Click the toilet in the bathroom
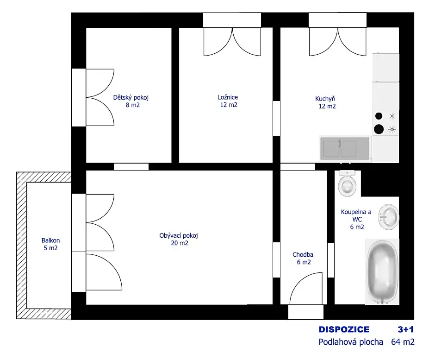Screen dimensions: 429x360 click(x=347, y=183)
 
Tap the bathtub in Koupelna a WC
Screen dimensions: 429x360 click(x=382, y=272)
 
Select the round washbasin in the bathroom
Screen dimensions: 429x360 click(x=389, y=217)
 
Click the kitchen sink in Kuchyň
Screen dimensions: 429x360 click(x=345, y=148)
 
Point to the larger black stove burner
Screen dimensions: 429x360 click(x=379, y=129)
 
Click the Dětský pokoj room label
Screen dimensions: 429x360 click(x=131, y=101)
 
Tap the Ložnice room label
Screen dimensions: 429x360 click(x=228, y=101)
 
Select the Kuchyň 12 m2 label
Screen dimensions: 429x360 click(x=326, y=102)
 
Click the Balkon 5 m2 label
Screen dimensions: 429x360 click(x=50, y=244)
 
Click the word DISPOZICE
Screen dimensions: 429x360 click(x=344, y=329)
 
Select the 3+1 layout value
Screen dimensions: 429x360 click(x=405, y=329)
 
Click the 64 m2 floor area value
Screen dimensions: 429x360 click(x=403, y=342)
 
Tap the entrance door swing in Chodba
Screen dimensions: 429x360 click(x=306, y=288)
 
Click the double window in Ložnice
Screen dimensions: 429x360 click(x=232, y=42)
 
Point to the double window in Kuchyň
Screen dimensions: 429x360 click(x=338, y=42)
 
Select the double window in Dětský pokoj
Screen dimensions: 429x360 click(x=100, y=97)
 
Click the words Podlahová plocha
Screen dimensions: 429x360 click(x=351, y=342)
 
